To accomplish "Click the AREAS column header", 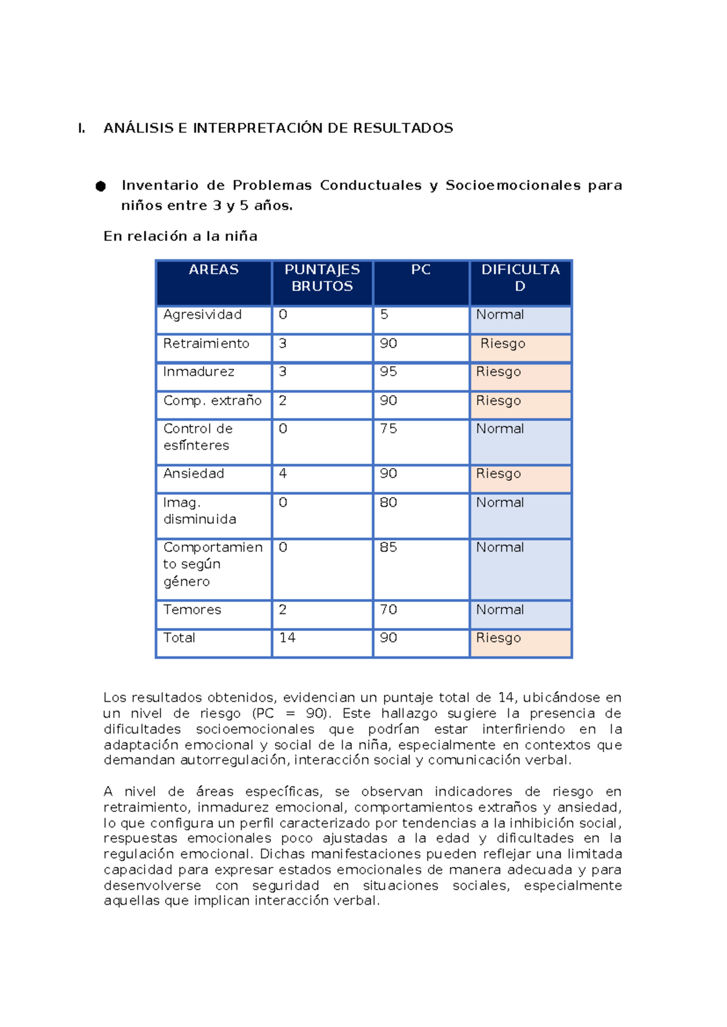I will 213,270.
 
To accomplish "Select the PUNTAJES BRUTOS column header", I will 322,278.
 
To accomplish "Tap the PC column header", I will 420,270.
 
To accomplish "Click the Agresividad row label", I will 202,315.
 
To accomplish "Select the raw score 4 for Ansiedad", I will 282,474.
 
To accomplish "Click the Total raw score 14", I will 287,638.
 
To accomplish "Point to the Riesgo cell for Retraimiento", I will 503,344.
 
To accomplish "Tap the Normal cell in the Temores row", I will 500,610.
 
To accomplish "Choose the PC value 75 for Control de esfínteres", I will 388,429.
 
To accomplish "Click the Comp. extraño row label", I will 212,401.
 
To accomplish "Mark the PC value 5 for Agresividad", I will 384,315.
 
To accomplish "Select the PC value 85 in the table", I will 388,547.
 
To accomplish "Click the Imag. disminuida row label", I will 199,510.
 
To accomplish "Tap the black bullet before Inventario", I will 101,187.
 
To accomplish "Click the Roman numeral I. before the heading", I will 81,128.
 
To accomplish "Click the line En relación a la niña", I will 180,237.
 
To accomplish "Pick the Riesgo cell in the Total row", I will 498,638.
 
